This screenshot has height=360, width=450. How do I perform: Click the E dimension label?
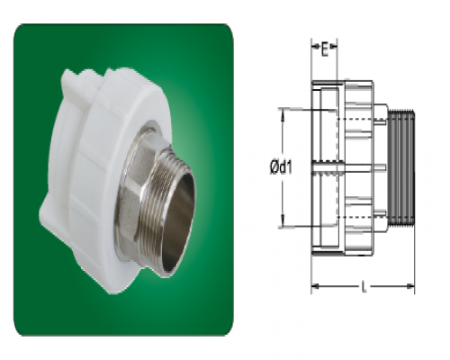point(324,49)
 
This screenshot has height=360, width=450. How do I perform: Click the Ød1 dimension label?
point(281,167)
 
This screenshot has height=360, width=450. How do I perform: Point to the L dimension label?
point(364,287)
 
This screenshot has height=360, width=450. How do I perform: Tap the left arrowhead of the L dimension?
point(315,286)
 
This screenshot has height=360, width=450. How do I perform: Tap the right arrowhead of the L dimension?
point(410,286)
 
